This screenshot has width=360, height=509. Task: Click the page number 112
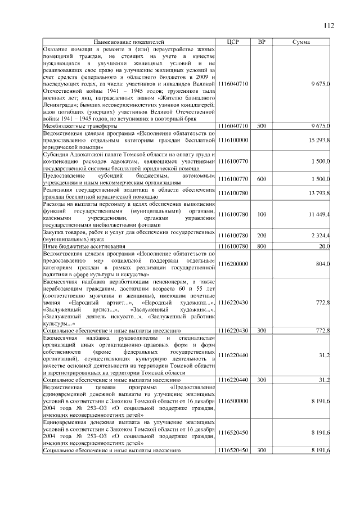[x=329, y=25]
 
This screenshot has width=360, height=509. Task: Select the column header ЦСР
[x=233, y=42]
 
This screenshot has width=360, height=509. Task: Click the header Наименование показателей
[x=129, y=42]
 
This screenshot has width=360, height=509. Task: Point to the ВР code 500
[x=261, y=126]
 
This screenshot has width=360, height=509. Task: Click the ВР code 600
[x=261, y=178]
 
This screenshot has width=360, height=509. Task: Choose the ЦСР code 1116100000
[x=233, y=139]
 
